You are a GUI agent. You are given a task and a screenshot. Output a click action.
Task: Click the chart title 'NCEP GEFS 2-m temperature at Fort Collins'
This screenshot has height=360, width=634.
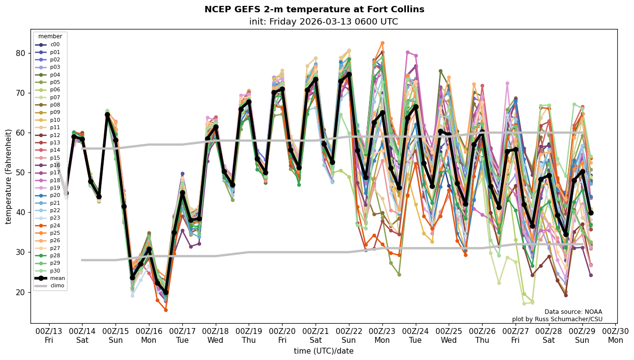pyautogui.click(x=314, y=9)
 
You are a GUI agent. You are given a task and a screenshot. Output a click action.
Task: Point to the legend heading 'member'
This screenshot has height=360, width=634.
pyautogui.click(x=50, y=36)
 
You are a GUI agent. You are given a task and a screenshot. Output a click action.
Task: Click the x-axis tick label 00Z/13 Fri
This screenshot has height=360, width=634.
pyautogui.click(x=49, y=335)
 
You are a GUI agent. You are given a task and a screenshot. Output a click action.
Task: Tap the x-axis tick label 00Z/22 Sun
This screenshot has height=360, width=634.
pyautogui.click(x=349, y=335)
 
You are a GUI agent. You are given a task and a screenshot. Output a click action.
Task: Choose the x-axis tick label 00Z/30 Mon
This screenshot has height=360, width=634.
pyautogui.click(x=616, y=335)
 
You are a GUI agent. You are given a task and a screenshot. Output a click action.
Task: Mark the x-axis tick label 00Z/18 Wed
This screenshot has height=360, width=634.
pyautogui.click(x=216, y=335)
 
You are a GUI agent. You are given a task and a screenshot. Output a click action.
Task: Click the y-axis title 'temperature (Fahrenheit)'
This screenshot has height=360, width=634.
pyautogui.click(x=9, y=176)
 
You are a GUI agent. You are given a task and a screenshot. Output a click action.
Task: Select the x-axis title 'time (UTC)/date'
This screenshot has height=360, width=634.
pyautogui.click(x=323, y=351)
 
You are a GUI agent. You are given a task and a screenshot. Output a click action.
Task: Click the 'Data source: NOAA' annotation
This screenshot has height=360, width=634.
pyautogui.click(x=573, y=312)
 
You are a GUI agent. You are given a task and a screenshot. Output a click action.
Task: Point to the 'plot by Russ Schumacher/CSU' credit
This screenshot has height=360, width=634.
pyautogui.click(x=557, y=319)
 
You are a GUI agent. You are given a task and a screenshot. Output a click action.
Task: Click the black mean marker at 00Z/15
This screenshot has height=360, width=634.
pyautogui.click(x=115, y=140)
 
